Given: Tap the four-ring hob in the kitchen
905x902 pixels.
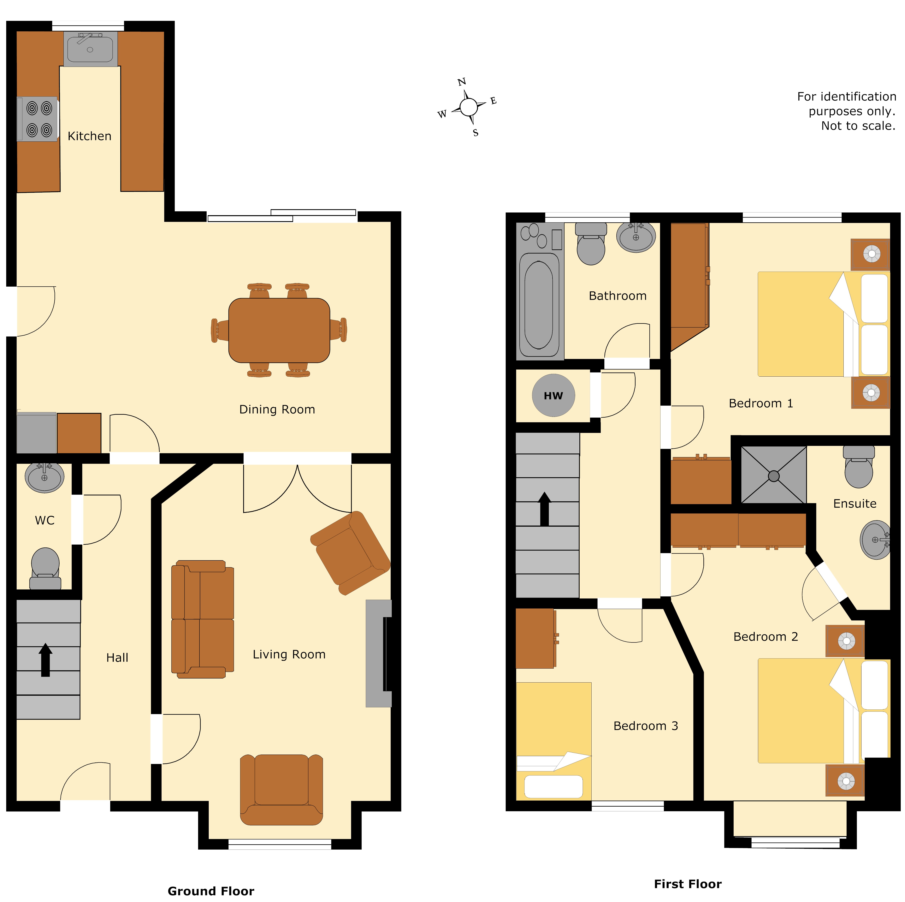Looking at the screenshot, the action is [x=38, y=119].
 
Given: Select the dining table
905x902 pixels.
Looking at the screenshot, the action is [x=279, y=330].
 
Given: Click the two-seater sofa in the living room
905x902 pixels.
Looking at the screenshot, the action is [x=202, y=619].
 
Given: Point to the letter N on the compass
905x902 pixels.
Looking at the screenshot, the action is [x=461, y=82].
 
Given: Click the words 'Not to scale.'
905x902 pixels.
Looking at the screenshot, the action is [x=858, y=126].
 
